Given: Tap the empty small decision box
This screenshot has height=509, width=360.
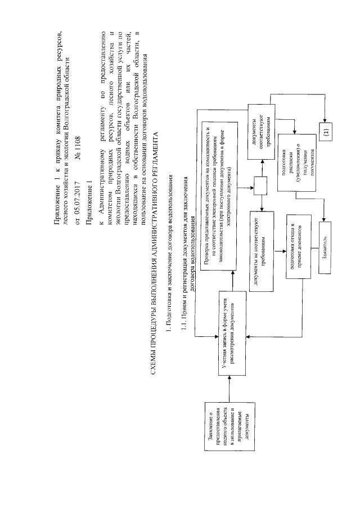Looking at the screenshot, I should tap(262, 185).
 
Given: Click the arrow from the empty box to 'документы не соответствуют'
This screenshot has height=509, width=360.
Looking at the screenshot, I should tap(262, 203).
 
